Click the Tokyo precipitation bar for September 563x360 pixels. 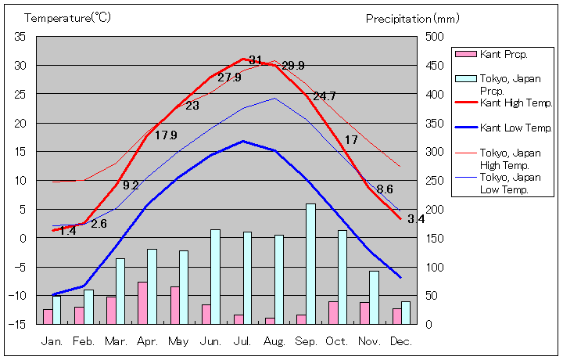(x=310, y=264)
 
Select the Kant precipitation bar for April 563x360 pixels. (x=142, y=303)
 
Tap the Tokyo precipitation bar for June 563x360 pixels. (x=216, y=276)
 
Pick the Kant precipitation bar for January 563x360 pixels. (x=48, y=316)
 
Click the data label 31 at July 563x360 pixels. (x=255, y=60)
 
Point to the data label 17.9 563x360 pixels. (x=166, y=135)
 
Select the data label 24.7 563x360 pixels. (x=324, y=96)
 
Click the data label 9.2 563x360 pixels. (x=131, y=185)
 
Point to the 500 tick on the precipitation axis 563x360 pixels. (x=434, y=37)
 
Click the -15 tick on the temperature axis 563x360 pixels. (x=20, y=324)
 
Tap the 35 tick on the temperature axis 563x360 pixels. (x=20, y=37)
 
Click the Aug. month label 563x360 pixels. (x=274, y=342)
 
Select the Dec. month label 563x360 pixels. (x=400, y=342)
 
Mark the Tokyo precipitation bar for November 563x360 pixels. (x=374, y=297)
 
